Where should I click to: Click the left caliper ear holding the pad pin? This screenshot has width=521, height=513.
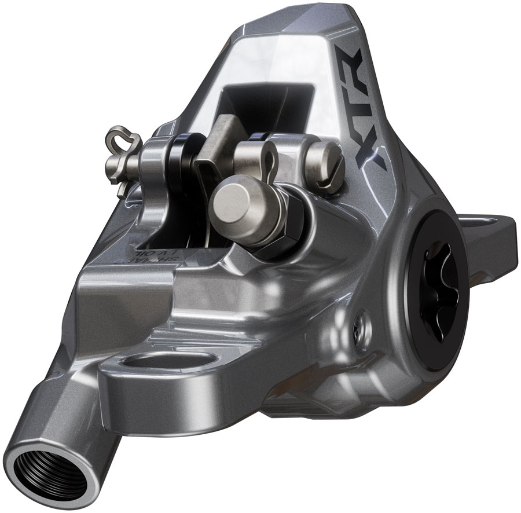152,168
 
